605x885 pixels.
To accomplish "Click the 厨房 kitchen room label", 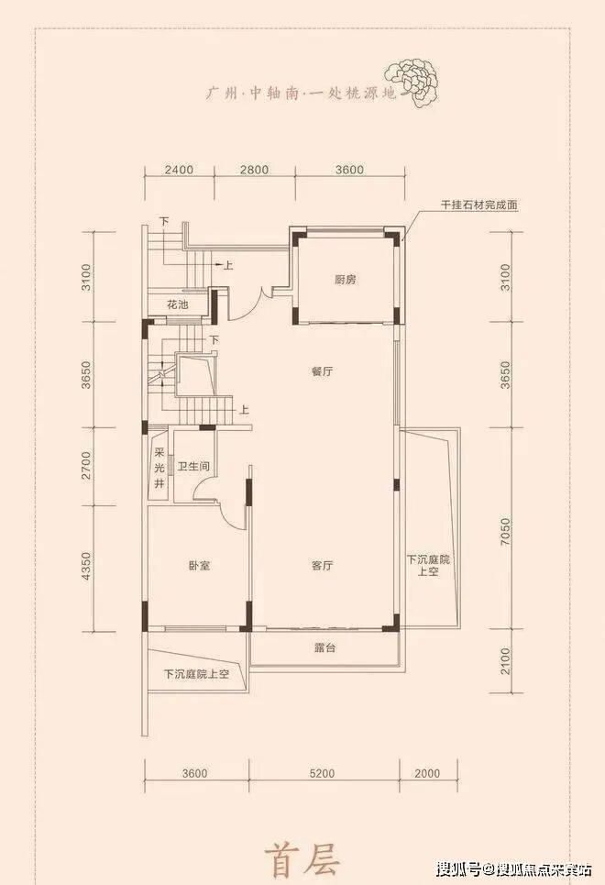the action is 345,280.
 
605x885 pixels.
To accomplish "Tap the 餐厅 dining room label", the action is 322,371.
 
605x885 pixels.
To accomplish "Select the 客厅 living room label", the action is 322,566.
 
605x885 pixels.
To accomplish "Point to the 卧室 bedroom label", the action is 200,566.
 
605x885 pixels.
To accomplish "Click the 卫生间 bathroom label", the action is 193,467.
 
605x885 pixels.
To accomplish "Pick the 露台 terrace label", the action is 325,647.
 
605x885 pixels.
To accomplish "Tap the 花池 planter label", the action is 177,304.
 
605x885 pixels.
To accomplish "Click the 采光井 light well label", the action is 159,468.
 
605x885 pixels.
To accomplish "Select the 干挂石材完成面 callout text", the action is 479,205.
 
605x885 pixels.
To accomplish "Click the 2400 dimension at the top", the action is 180,170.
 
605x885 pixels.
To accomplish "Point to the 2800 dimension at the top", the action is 255,170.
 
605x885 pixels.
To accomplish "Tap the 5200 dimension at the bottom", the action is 322,773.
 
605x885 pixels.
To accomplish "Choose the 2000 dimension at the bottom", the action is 427,773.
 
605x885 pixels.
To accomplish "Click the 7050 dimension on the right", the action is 505,531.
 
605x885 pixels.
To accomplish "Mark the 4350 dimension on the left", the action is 86,566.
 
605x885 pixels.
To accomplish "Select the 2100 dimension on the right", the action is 505,660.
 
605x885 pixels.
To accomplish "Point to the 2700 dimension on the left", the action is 86,465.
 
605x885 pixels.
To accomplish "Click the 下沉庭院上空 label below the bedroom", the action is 196,673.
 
